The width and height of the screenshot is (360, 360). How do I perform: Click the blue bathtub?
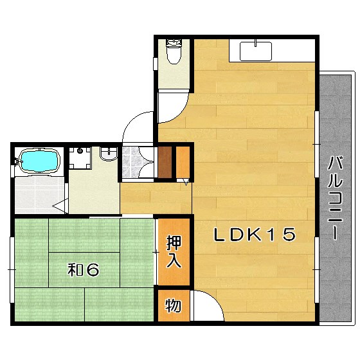tap(39, 160)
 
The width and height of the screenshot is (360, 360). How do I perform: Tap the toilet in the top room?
tap(174, 51)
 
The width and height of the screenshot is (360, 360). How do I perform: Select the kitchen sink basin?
tap(256, 51)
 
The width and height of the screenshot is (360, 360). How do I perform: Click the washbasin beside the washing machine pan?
tap(109, 153)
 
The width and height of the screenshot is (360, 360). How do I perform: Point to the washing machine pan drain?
tap(80, 151)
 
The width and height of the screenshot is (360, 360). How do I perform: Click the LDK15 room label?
tap(255, 235)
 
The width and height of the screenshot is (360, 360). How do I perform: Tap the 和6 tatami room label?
tap(84, 269)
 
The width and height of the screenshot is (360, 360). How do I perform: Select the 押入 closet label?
tap(174, 251)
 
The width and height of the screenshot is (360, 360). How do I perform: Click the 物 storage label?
tap(174, 305)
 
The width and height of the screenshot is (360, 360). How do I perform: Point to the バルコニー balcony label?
tap(336, 198)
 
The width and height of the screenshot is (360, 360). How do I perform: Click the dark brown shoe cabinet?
tap(165, 162)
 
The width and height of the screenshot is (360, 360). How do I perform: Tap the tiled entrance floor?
tap(130, 162)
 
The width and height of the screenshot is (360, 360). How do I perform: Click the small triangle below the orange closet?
tap(186, 183)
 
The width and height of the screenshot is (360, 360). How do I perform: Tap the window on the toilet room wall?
tap(156, 64)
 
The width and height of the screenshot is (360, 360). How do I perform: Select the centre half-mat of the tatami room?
tap(84, 270)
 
